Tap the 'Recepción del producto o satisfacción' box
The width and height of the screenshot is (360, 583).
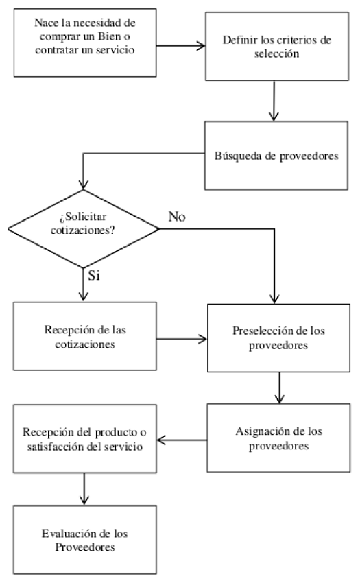coord(82,439)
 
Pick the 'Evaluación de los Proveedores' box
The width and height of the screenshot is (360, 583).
coord(82,542)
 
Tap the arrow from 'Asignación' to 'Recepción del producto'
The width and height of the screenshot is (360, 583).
coord(182,438)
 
